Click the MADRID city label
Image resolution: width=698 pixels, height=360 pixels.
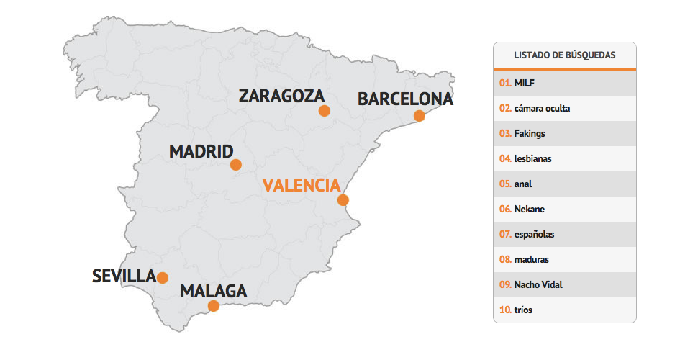(x=201, y=152)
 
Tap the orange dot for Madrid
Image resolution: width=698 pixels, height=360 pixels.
(x=235, y=165)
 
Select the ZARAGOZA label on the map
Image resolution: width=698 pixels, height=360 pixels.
(x=281, y=96)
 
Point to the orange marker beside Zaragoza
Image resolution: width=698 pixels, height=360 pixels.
(x=324, y=111)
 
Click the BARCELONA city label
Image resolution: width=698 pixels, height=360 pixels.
(x=405, y=99)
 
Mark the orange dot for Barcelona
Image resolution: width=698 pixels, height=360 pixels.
(x=420, y=116)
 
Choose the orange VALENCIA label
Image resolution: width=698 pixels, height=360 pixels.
(x=301, y=185)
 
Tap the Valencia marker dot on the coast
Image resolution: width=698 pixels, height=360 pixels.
(x=343, y=200)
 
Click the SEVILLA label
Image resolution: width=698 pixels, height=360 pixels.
(x=124, y=276)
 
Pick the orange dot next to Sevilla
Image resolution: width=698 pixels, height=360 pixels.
(x=163, y=278)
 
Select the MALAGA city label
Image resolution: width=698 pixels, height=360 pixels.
(x=213, y=292)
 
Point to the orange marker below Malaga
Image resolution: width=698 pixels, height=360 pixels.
(x=214, y=306)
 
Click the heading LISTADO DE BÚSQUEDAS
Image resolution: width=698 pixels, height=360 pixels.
(x=564, y=55)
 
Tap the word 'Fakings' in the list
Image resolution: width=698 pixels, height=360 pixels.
(x=529, y=133)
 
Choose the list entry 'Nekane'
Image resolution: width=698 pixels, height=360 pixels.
(x=529, y=209)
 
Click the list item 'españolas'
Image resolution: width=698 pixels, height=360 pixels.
(x=534, y=234)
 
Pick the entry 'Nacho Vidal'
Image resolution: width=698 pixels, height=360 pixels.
(x=538, y=284)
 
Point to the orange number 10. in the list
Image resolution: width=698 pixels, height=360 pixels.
(x=505, y=310)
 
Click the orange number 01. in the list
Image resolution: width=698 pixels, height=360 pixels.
(x=505, y=83)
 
